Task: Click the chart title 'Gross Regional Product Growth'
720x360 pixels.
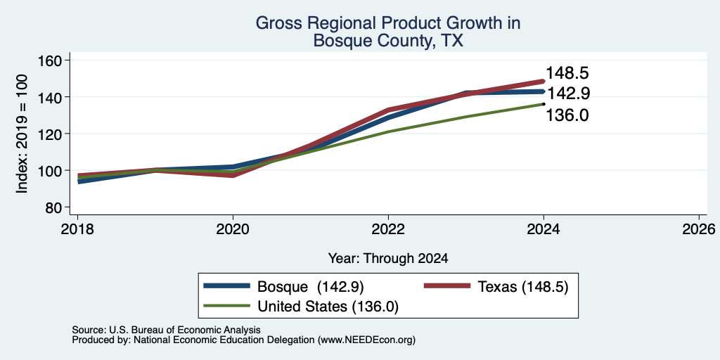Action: (388, 23)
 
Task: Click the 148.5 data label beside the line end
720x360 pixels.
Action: (567, 73)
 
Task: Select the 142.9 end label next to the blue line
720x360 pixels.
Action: (567, 94)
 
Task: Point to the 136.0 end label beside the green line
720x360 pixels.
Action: (567, 115)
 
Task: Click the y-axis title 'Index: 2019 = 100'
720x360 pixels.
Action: (22, 134)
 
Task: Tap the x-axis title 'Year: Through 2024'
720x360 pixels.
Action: (388, 259)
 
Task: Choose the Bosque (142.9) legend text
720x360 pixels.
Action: (310, 287)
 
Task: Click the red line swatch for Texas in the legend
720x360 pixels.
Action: (446, 286)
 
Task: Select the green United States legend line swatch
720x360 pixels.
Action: (227, 306)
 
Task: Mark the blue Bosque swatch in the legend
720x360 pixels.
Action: (227, 286)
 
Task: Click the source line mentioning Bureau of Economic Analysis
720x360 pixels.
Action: (166, 330)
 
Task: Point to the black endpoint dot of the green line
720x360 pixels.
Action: (544, 104)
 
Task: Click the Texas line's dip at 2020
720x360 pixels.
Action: (233, 175)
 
